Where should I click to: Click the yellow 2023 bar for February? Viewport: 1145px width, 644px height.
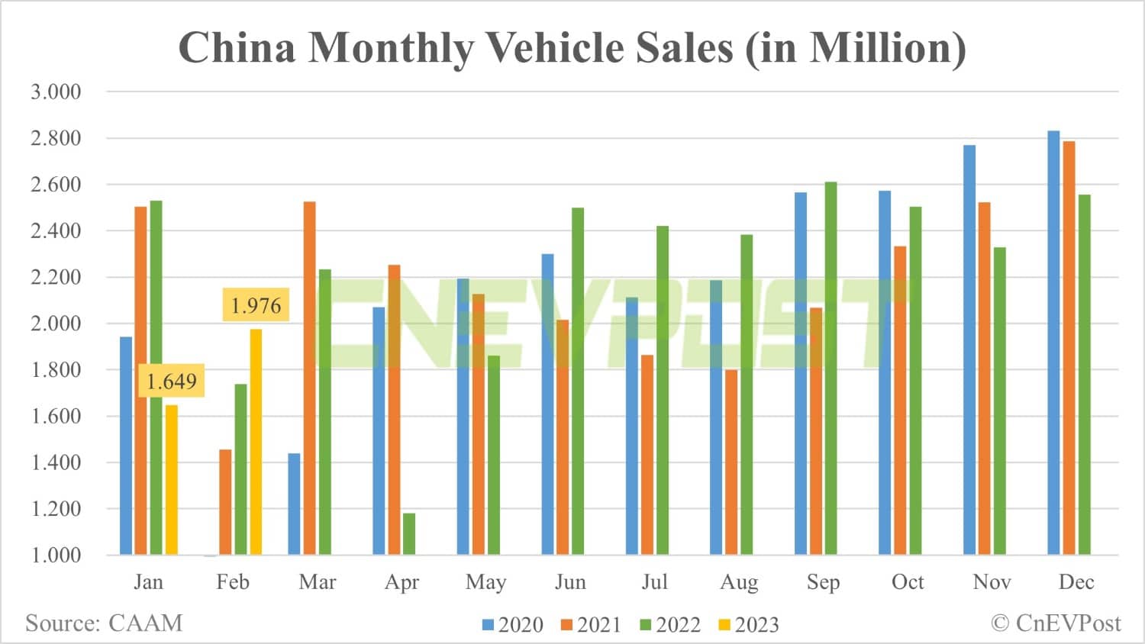256,442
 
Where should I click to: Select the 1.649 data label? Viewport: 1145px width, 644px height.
171,381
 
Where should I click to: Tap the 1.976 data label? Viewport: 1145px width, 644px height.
256,305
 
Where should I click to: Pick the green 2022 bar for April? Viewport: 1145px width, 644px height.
409,533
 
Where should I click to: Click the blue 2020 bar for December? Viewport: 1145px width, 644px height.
1053,343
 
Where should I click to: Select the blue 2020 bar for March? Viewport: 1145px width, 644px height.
294,504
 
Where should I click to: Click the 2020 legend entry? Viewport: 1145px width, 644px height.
513,625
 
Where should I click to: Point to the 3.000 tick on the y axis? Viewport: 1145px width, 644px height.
56,92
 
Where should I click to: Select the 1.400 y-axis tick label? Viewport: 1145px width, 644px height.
56,462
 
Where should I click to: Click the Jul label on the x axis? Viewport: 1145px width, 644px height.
654,582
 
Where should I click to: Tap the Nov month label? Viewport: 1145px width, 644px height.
992,582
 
